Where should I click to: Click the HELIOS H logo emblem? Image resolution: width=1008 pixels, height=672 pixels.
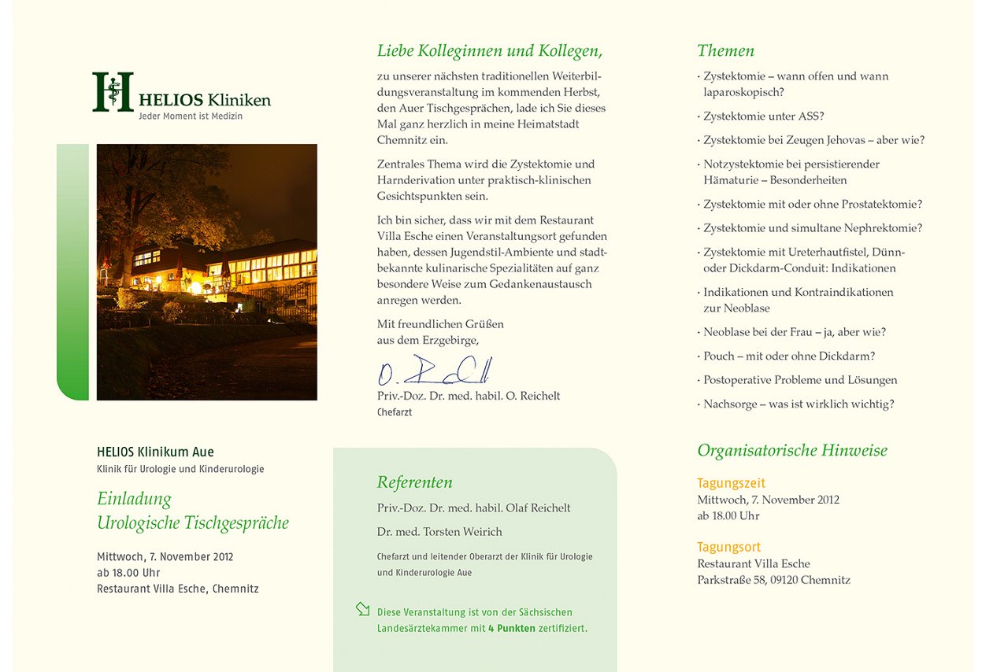point(113,91)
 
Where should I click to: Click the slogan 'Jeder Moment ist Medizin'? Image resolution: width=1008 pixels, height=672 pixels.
point(191,116)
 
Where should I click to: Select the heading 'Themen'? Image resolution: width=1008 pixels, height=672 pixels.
point(725,51)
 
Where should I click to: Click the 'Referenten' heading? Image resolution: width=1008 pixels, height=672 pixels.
point(414,482)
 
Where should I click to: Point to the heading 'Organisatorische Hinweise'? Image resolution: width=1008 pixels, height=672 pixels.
point(791,451)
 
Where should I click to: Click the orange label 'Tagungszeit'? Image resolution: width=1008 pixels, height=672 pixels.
point(731,483)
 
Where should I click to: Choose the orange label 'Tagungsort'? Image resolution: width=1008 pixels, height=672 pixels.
point(728,547)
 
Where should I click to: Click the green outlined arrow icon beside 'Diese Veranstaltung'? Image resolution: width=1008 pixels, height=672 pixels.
point(362,608)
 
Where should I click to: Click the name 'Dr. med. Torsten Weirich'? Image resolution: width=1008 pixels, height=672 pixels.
point(439,532)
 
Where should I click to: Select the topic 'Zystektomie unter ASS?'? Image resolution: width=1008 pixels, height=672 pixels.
point(763,116)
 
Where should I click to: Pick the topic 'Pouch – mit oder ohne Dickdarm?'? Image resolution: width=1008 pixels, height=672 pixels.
point(788,356)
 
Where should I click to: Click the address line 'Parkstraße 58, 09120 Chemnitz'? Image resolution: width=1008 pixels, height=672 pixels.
point(773,581)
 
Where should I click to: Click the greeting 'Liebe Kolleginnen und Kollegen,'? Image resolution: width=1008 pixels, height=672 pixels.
point(490,51)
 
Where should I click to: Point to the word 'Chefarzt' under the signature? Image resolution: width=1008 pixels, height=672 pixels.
point(394,412)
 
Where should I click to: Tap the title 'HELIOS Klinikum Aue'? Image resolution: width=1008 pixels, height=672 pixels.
point(155,452)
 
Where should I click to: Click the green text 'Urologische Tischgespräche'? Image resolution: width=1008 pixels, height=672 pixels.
point(193,523)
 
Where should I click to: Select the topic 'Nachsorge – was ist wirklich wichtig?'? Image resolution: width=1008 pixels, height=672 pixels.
point(798,404)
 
